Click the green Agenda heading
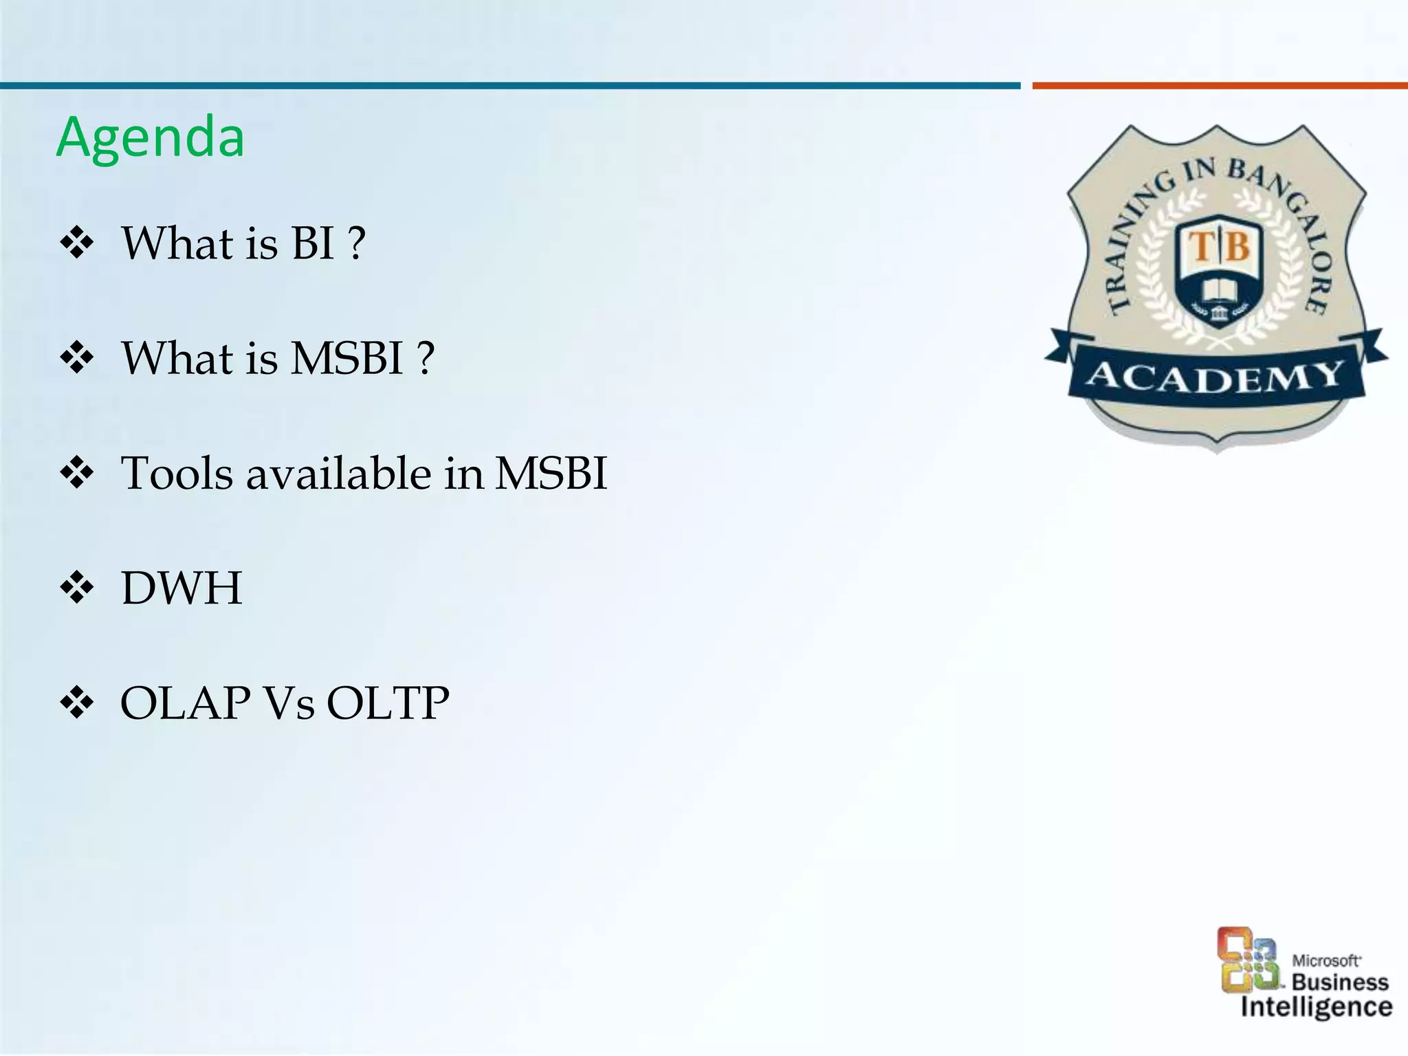coord(150,137)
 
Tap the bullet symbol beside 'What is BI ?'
coord(77,244)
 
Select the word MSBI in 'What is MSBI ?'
coord(346,358)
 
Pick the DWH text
coord(181,588)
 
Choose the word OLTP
coord(388,703)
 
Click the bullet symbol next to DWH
coord(77,588)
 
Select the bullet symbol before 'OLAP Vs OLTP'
coord(77,703)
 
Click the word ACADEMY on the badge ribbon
coord(1215,377)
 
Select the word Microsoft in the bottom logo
coord(1326,960)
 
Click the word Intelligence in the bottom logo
coord(1317,1007)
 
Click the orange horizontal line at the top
coord(1220,86)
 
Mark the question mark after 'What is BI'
coord(356,244)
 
